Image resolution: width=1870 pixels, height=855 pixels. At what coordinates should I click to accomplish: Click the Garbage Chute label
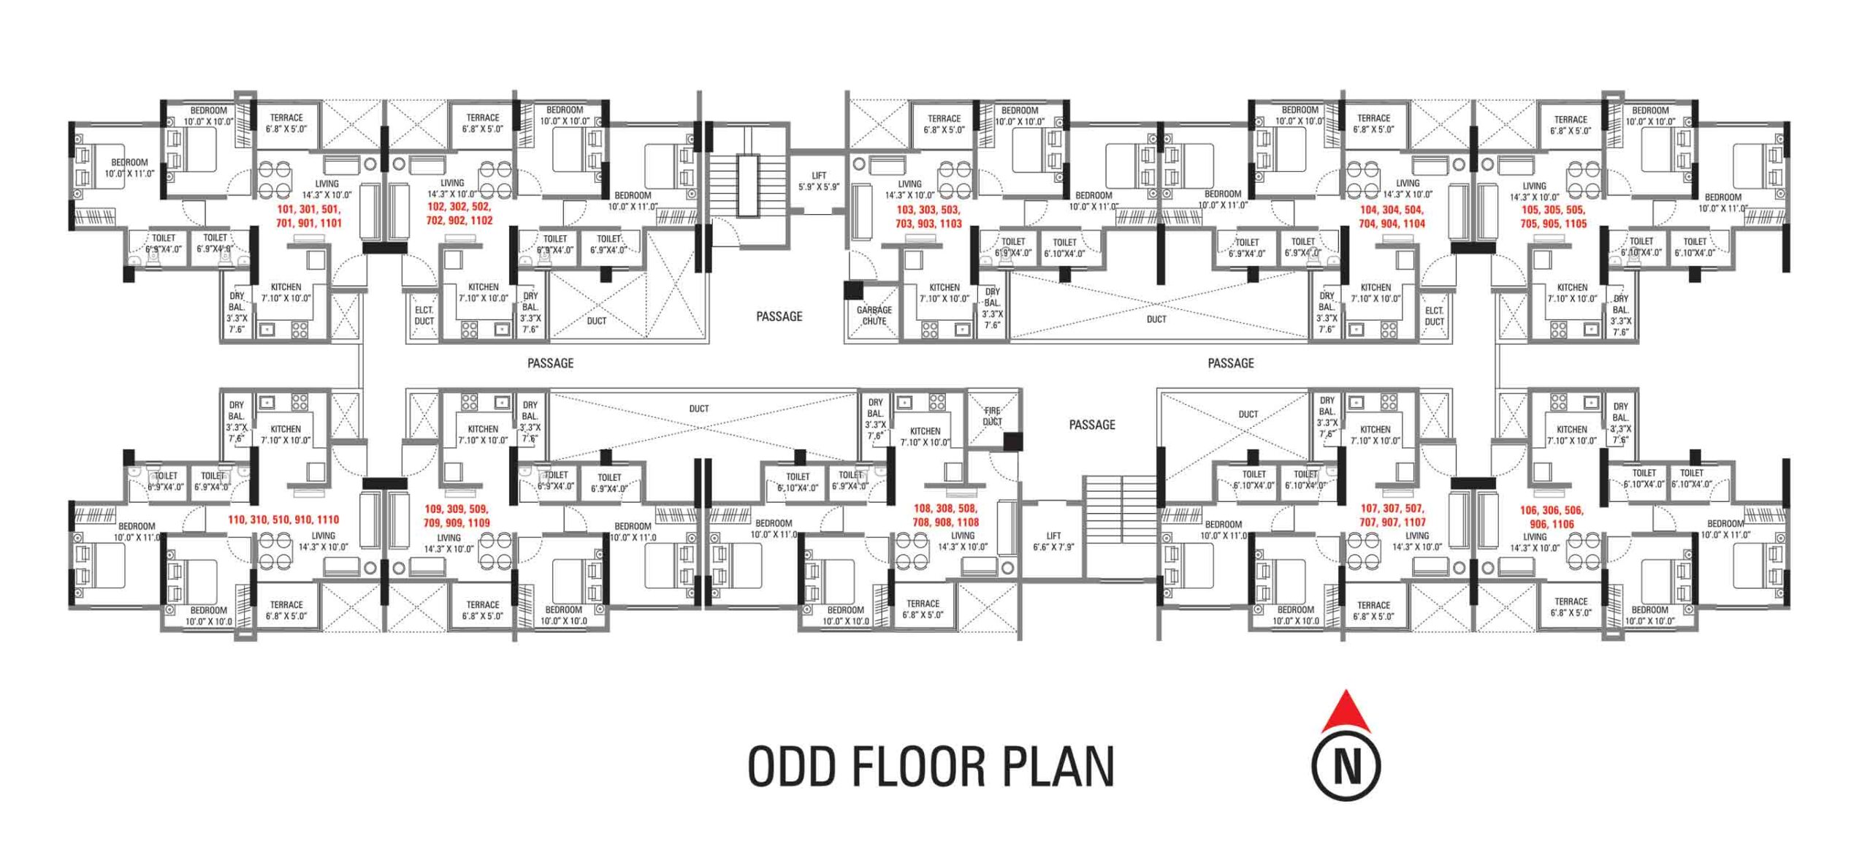(x=874, y=315)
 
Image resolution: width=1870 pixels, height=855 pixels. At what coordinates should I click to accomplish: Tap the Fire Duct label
(x=991, y=416)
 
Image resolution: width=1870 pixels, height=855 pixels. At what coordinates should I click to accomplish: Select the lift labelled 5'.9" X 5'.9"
(x=819, y=181)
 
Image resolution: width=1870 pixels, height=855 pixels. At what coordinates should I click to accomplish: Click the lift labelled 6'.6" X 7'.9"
(x=1053, y=541)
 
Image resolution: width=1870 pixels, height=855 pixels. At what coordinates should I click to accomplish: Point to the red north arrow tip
(x=1346, y=695)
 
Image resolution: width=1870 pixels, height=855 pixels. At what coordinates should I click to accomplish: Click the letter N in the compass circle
(x=1346, y=767)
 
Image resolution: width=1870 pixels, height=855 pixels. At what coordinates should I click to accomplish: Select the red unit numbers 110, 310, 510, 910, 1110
(x=283, y=520)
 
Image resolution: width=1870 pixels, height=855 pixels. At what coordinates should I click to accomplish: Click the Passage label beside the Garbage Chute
(x=779, y=316)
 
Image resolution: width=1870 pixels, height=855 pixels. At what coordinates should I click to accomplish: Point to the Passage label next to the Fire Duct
(x=1091, y=425)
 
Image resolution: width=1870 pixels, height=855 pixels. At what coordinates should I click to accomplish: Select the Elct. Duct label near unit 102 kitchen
(x=424, y=315)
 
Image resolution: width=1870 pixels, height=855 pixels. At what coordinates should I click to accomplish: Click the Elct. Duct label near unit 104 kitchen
(x=1434, y=316)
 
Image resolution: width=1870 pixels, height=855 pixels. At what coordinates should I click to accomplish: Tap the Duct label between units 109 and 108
(x=698, y=408)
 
